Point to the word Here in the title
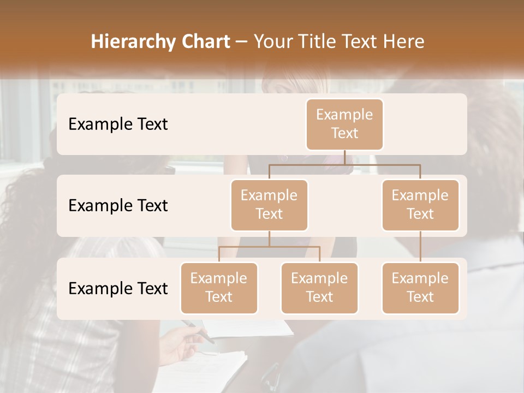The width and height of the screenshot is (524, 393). [404, 42]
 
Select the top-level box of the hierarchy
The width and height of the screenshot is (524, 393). [344, 124]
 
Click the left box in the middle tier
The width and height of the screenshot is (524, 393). [269, 205]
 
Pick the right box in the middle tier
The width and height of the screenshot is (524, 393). [420, 205]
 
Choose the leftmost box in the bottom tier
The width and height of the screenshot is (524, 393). [219, 288]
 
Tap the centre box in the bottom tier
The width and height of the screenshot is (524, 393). [319, 288]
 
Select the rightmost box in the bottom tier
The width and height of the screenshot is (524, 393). [420, 288]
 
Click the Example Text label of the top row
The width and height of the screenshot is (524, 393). [118, 124]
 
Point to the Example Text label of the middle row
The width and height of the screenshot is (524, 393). [118, 206]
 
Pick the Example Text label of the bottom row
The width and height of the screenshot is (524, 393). [118, 289]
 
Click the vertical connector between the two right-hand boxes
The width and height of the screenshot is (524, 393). [420, 247]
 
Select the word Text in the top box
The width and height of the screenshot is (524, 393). [344, 133]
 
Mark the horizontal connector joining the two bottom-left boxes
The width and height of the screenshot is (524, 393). [269, 247]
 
